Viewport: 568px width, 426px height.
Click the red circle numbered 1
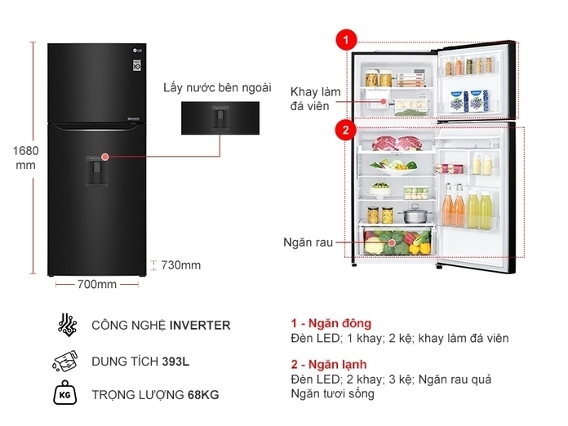pyautogui.click(x=346, y=40)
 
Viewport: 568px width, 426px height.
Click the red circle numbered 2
pyautogui.click(x=346, y=130)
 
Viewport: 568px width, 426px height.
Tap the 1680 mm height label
pyautogui.click(x=25, y=158)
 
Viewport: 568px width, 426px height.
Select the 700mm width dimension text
pyautogui.click(x=97, y=284)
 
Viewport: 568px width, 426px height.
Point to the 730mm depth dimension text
pyautogui.click(x=180, y=265)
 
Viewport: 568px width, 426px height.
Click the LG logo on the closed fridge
pyautogui.click(x=138, y=50)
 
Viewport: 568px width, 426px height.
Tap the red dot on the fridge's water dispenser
pyautogui.click(x=105, y=157)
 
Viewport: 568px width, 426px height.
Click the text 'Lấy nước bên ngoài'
pyautogui.click(x=217, y=88)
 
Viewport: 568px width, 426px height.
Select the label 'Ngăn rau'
pyautogui.click(x=308, y=242)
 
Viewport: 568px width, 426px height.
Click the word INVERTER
pyautogui.click(x=200, y=326)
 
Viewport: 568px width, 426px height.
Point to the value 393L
pyautogui.click(x=175, y=362)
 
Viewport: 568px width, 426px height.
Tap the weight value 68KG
pyautogui.click(x=203, y=395)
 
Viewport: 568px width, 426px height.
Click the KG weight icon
pyautogui.click(x=65, y=393)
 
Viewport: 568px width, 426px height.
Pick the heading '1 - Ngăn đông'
pyautogui.click(x=331, y=323)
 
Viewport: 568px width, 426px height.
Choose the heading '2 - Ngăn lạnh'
pyautogui.click(x=329, y=364)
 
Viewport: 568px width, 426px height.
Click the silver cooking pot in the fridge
pyautogui.click(x=415, y=214)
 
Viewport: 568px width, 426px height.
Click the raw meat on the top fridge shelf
pyautogui.click(x=397, y=143)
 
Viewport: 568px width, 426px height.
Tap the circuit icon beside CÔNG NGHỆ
pyautogui.click(x=67, y=325)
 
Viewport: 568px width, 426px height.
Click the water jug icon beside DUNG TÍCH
pyautogui.click(x=65, y=361)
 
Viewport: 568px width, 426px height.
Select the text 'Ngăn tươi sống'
pyautogui.click(x=332, y=393)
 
